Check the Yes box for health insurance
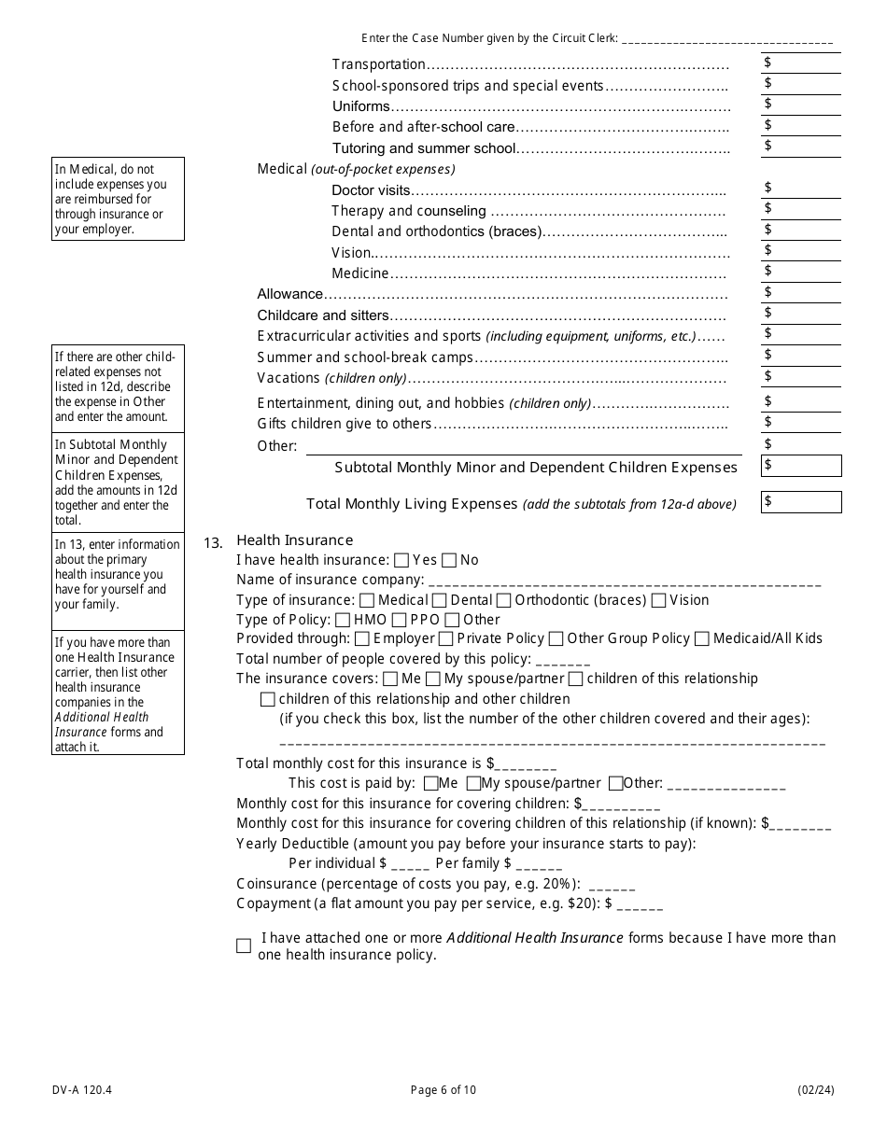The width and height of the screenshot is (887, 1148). click(401, 561)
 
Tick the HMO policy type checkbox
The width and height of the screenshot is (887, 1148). click(343, 620)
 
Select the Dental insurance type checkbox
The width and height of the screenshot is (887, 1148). click(439, 600)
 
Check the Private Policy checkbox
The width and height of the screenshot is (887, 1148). click(445, 639)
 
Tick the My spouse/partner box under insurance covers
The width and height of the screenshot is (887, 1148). click(433, 679)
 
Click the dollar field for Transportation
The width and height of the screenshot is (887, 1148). click(800, 63)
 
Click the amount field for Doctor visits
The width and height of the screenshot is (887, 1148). click(800, 189)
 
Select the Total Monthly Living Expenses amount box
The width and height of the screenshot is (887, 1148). click(801, 502)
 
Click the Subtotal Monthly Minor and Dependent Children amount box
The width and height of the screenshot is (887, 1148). click(801, 466)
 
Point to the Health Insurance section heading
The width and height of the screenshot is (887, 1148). click(295, 540)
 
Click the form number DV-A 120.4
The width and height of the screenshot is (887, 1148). click(77, 1090)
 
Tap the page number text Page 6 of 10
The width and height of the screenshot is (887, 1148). click(443, 1090)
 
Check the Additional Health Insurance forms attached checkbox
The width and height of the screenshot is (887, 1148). click(244, 945)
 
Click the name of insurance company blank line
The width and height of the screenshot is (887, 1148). click(625, 581)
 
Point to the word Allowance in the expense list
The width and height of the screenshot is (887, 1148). click(289, 294)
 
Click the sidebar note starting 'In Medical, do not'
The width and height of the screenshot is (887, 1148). click(118, 199)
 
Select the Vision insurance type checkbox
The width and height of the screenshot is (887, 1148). click(659, 600)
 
